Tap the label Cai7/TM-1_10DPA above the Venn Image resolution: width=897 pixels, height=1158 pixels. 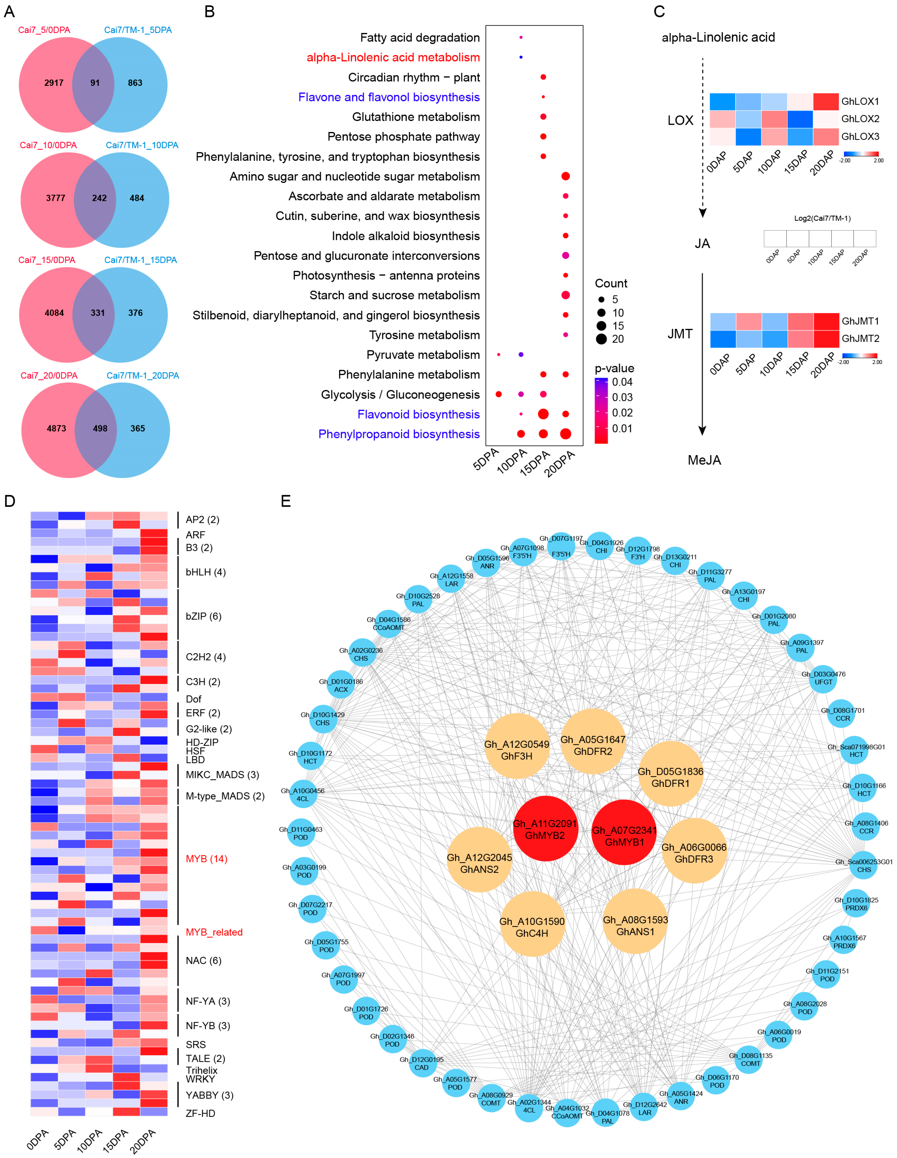coord(142,145)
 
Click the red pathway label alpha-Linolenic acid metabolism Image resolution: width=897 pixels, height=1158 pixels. coord(393,57)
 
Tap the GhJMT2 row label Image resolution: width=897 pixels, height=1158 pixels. coord(860,338)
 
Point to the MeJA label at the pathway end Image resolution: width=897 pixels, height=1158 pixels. coord(704,460)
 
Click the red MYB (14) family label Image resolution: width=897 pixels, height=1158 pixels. coord(206,859)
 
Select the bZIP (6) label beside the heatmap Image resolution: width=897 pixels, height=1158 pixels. coord(204,616)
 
